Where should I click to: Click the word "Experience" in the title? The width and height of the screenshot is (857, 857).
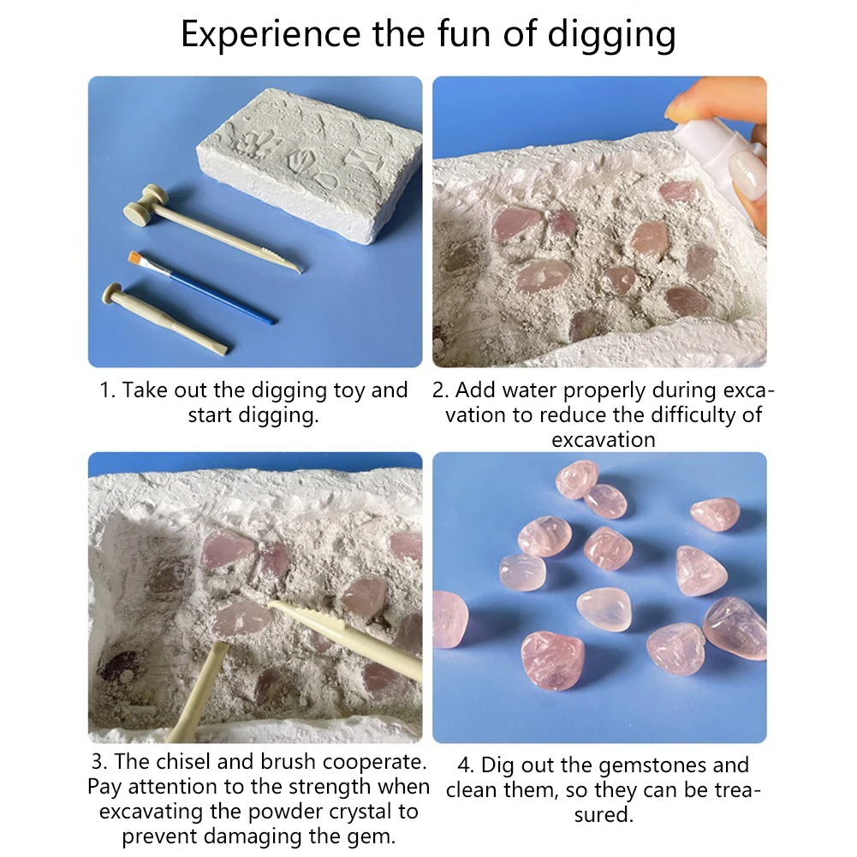[x=271, y=34]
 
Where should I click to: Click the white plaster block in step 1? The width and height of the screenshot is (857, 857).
[x=310, y=166]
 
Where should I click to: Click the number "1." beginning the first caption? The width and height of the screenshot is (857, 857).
[x=107, y=390]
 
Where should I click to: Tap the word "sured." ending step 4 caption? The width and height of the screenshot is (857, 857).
[x=604, y=815]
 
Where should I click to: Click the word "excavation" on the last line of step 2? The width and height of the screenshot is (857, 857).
[x=604, y=440]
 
